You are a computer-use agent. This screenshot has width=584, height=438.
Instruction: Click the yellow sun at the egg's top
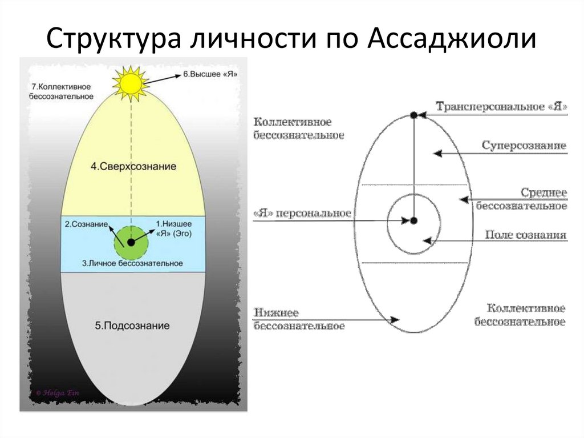point(130,83)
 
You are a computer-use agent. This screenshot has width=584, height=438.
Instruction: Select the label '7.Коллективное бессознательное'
point(62,91)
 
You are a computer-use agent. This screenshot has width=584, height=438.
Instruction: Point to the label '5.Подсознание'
point(132,326)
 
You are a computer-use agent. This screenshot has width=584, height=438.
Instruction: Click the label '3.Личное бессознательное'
point(132,263)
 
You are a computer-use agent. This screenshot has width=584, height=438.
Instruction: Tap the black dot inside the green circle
point(131,242)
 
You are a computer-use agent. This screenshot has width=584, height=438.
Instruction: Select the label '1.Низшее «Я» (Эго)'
point(174,228)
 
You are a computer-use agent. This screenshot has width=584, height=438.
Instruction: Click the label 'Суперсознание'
point(524,146)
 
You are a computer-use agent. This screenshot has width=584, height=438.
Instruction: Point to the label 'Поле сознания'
point(525,235)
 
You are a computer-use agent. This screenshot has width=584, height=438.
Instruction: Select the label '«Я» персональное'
point(302,214)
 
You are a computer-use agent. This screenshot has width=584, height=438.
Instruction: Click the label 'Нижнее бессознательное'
point(299,320)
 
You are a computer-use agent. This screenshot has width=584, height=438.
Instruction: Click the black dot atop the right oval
point(414,115)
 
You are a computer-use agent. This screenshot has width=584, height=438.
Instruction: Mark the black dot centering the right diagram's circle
point(414,220)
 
